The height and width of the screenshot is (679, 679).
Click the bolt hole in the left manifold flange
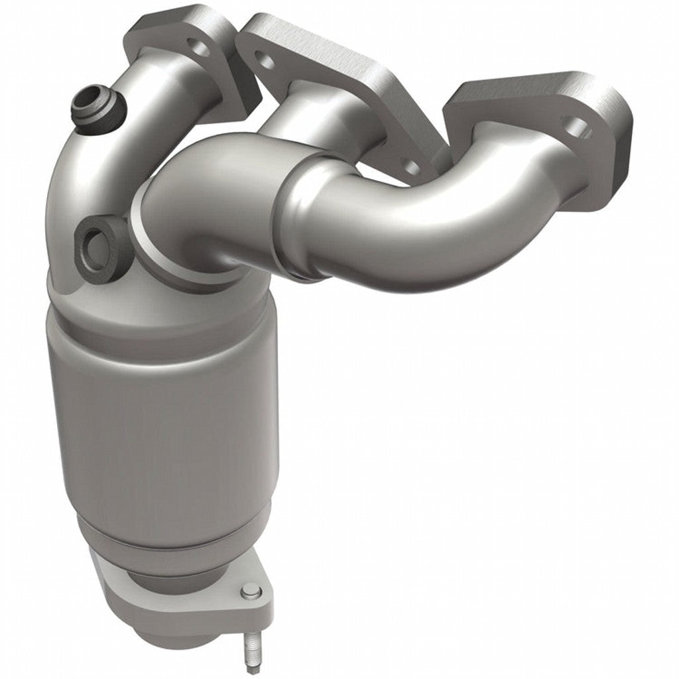coord(196,47)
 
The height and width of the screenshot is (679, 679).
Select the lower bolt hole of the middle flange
coord(411,166)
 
